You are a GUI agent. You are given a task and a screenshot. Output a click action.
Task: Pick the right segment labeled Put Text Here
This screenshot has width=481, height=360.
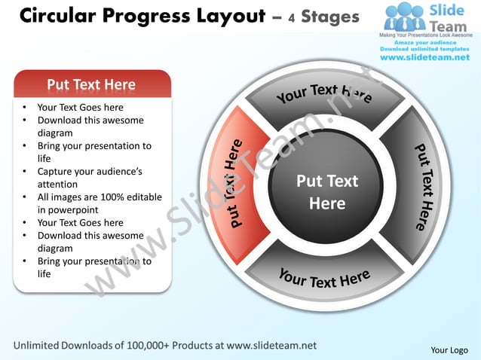coord(423,185)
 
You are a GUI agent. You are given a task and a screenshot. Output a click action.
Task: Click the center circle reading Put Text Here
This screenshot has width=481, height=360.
coord(327,192)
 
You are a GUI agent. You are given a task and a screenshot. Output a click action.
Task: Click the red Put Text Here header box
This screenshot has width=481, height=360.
coord(91,84)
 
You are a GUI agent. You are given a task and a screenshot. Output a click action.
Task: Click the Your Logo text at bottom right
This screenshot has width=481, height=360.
coord(449,349)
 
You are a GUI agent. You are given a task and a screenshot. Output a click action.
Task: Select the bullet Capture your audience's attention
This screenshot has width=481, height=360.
coord(89,178)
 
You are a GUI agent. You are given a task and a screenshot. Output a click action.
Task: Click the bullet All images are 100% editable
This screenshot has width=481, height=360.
coord(99,203)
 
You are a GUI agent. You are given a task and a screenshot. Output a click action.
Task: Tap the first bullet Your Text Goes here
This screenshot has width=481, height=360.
coord(80,108)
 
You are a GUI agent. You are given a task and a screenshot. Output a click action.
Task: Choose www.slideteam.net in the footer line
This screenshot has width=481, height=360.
coord(271,346)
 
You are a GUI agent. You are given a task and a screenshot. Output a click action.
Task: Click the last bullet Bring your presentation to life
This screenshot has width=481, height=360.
coord(93,267)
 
